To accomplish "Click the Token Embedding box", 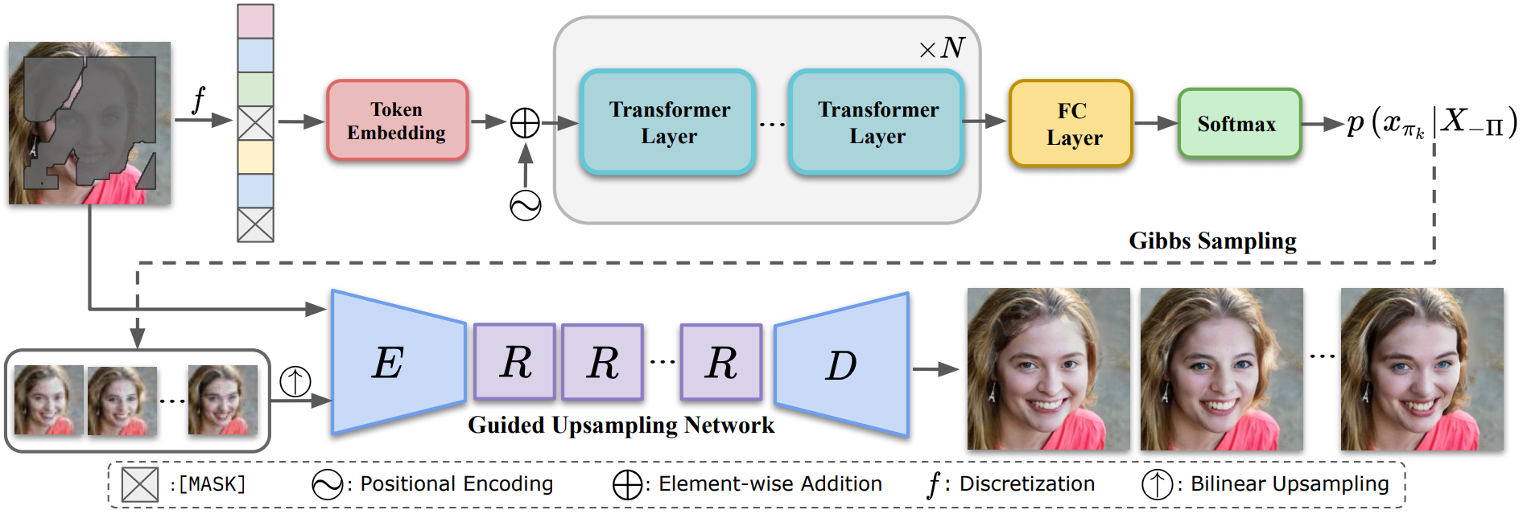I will pos(397,121).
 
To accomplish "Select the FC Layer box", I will pos(1071,124).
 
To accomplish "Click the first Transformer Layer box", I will pos(668,122).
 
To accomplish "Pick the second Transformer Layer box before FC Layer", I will pos(877,122).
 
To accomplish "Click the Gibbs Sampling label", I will pos(1212,241).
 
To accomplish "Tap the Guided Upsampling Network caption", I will pos(621,425).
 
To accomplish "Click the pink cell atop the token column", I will pos(255,22).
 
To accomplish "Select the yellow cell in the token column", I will pos(255,158).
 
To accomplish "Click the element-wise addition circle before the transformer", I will pos(525,123).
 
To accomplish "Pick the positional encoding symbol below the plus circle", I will pos(525,205).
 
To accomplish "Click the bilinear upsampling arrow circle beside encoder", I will pos(295,380).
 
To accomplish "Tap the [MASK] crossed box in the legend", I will pos(139,484).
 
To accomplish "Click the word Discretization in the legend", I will pos(1026,484).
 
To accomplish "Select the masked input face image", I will pos(89,123).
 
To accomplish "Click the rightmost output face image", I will pos(1422,369).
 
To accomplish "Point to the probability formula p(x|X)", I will pos(1431,123).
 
